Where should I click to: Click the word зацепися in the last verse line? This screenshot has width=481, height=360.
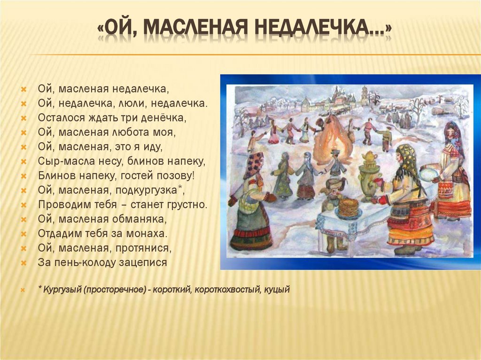(144, 262)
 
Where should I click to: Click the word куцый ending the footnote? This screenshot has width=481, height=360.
(277, 290)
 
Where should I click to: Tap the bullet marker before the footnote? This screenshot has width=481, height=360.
(23, 290)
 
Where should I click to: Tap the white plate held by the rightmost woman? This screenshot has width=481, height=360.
(428, 174)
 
